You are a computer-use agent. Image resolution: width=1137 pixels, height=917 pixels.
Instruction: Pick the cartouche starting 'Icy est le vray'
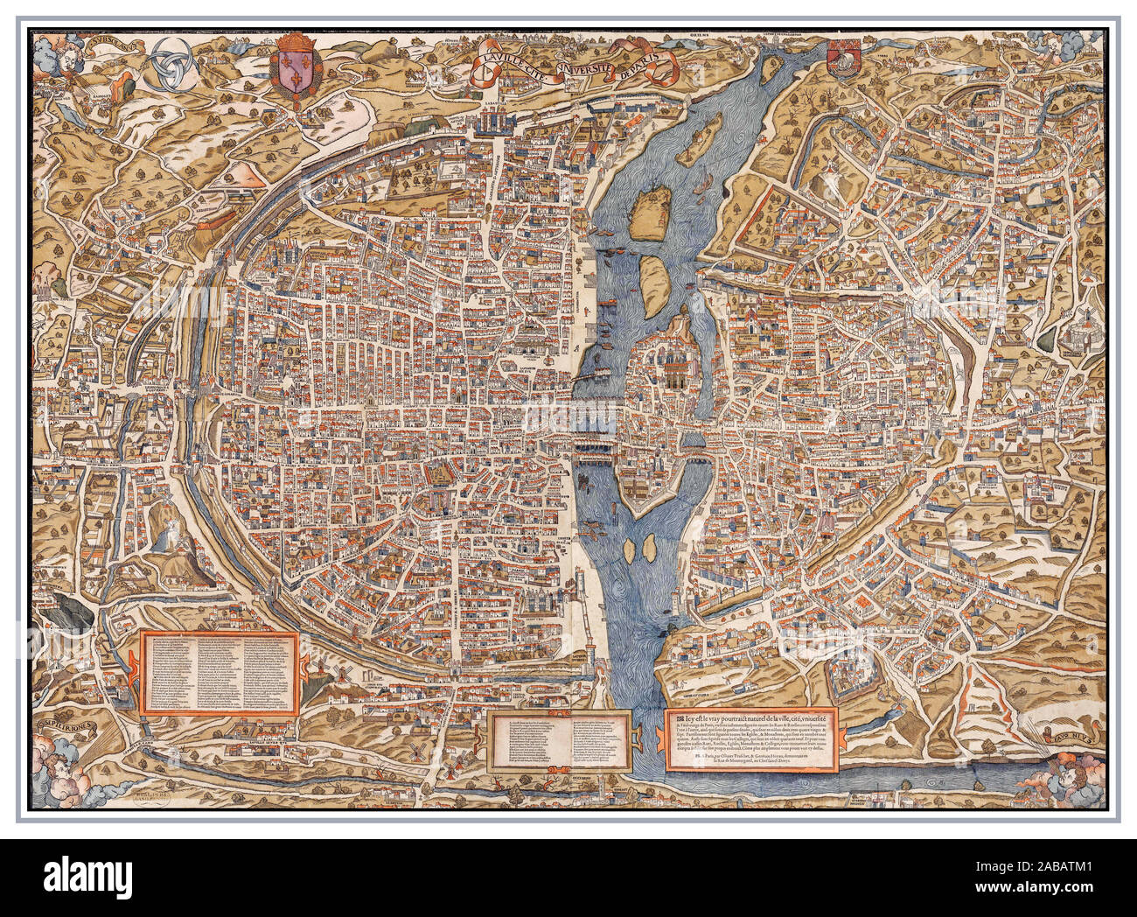point(751,740)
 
